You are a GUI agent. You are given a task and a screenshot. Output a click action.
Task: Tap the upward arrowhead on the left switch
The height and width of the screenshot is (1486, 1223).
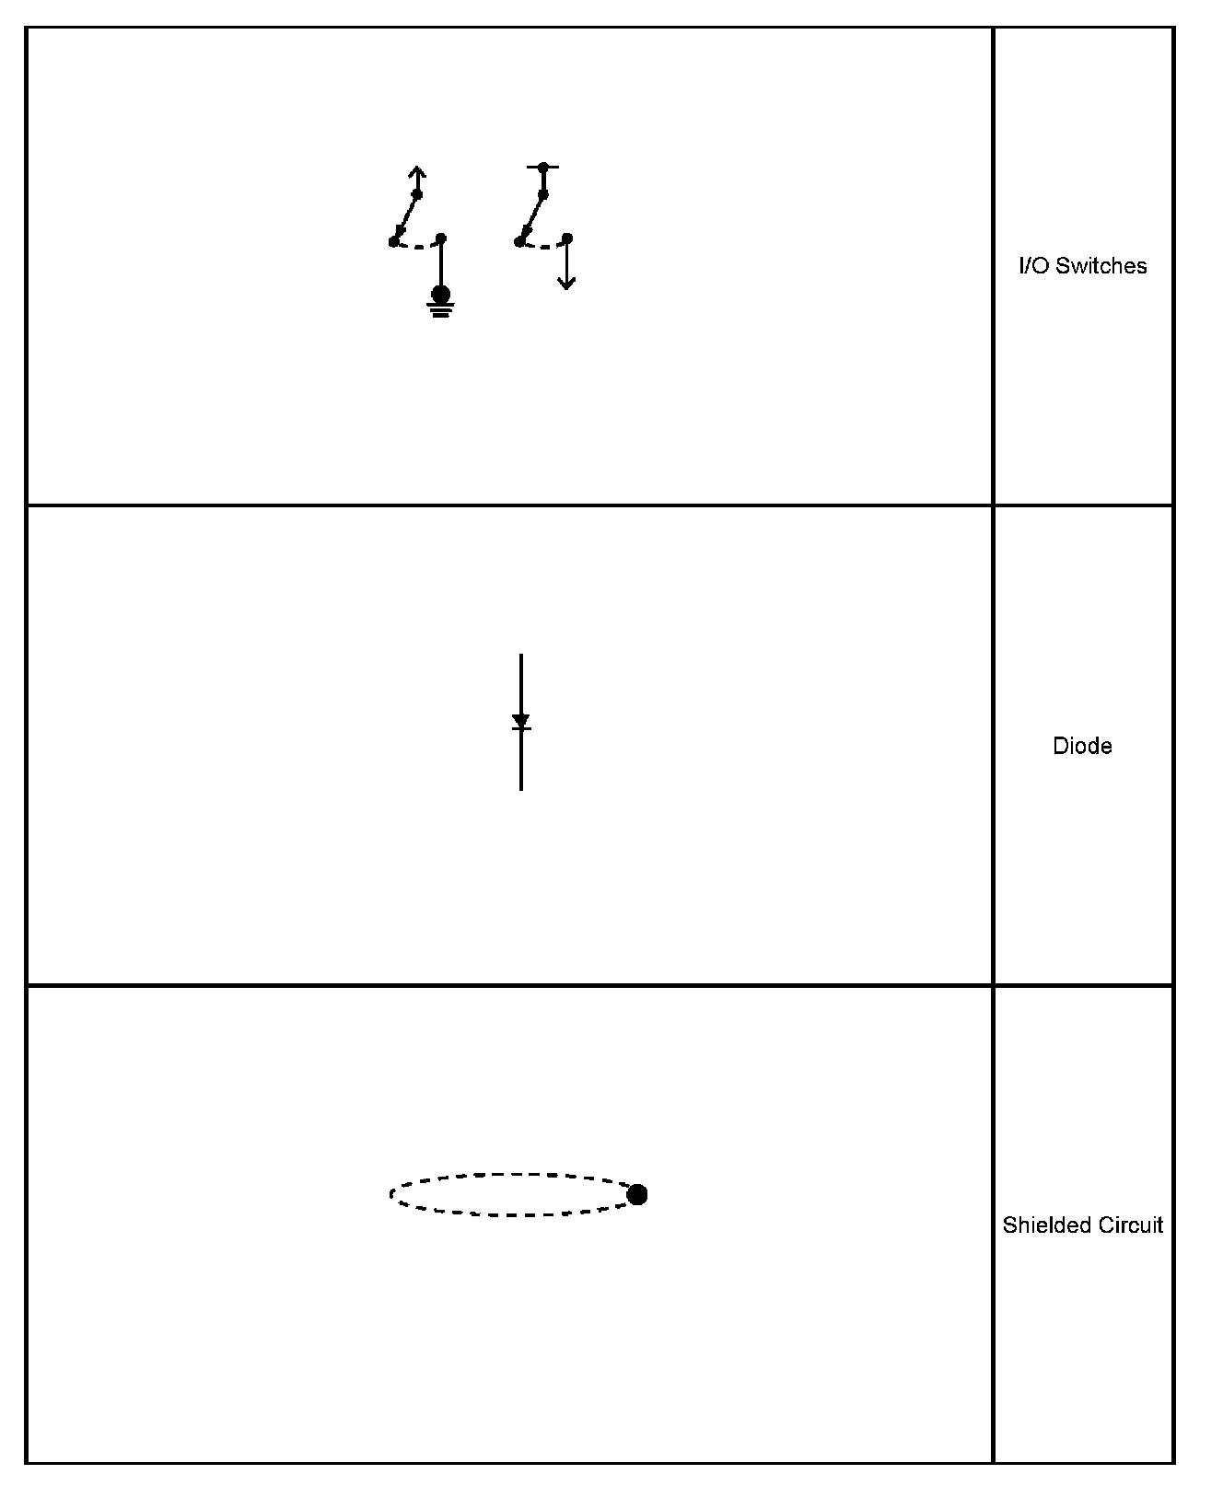tap(417, 171)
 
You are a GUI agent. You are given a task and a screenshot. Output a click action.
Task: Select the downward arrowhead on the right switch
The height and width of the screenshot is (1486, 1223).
tap(566, 283)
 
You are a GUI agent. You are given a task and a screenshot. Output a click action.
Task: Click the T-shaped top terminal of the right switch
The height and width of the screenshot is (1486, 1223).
tap(543, 168)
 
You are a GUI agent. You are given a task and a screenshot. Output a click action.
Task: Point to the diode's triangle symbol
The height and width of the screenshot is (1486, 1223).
tap(521, 721)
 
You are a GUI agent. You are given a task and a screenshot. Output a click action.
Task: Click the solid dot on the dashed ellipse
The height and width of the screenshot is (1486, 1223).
tap(636, 1195)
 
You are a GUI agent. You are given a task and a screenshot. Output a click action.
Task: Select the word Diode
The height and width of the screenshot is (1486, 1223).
tap(1082, 746)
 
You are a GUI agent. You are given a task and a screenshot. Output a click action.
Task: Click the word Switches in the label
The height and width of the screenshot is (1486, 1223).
tap(1101, 266)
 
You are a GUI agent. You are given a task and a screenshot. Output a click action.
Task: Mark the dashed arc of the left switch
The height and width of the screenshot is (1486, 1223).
tap(417, 246)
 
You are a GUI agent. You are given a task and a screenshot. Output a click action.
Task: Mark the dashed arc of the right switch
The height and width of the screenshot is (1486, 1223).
tap(543, 246)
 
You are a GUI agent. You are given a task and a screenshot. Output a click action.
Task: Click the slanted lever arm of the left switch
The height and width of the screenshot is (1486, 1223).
tap(406, 217)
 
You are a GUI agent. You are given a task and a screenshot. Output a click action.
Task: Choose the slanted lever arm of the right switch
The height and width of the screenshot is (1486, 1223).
tap(532, 217)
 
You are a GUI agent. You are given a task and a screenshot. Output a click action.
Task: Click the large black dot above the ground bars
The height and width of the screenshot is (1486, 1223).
tap(440, 294)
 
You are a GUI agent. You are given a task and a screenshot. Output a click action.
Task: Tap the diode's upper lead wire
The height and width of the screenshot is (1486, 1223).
tap(521, 681)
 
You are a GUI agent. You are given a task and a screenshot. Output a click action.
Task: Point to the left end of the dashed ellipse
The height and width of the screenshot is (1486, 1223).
tap(391, 1195)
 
